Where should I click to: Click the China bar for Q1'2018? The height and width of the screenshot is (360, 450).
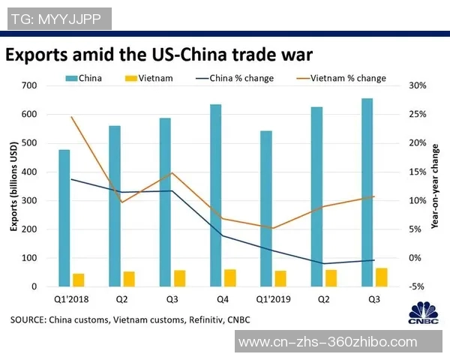(x=64, y=217)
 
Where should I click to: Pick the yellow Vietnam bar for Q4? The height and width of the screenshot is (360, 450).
(x=230, y=277)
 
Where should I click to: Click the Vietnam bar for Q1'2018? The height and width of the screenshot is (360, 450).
(x=79, y=280)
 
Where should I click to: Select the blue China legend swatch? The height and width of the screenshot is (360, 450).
(x=70, y=78)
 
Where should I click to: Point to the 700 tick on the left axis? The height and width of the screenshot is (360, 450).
(x=28, y=85)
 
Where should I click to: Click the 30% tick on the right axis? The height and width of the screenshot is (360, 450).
(x=417, y=85)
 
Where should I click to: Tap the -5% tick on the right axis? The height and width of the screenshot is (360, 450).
(x=417, y=286)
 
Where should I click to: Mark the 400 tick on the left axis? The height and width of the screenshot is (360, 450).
(x=28, y=172)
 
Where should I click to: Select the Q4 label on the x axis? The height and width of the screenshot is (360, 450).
(x=223, y=299)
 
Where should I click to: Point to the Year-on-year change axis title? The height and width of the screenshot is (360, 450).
(x=435, y=186)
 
